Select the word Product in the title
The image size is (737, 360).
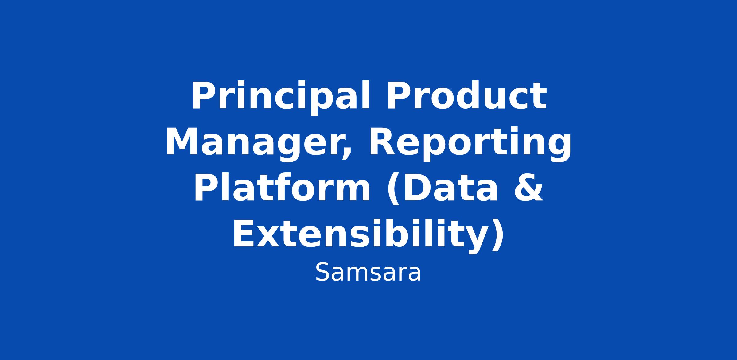[466, 95]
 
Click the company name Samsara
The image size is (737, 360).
[368, 272]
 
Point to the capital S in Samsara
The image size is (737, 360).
[322, 272]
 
